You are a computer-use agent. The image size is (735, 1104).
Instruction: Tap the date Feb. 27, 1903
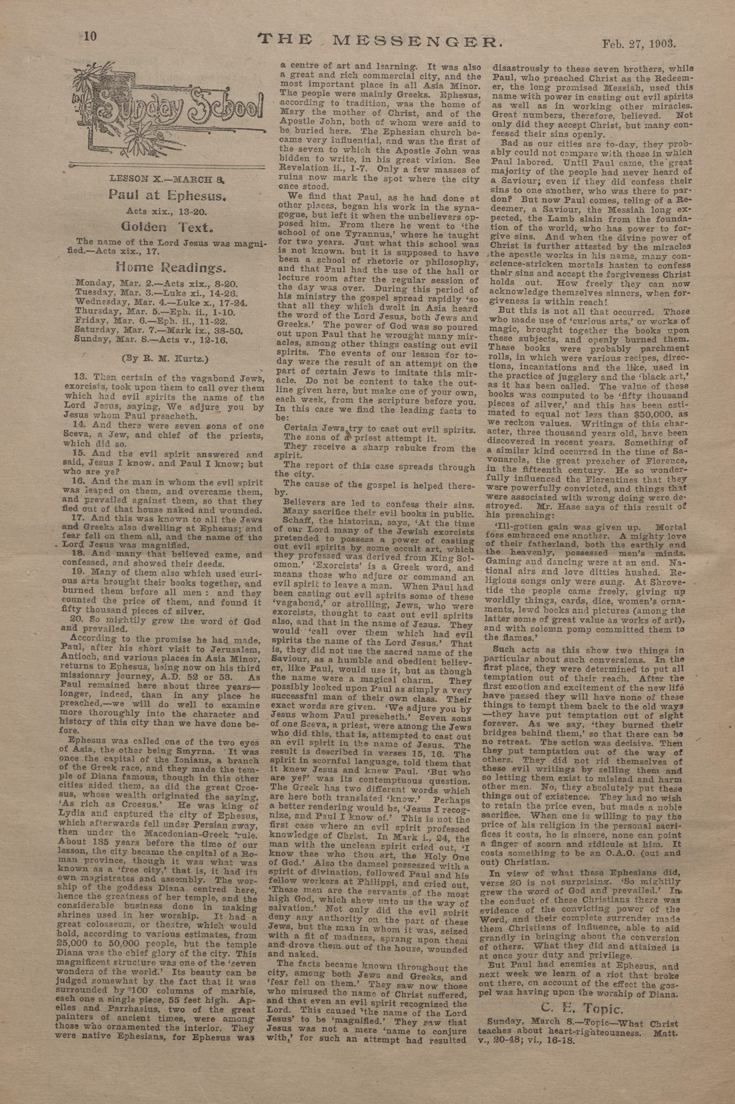tap(638, 45)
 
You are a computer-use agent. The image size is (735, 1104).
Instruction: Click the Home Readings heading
tap(171, 268)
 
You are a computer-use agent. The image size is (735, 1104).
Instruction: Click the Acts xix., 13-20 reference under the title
tap(165, 211)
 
